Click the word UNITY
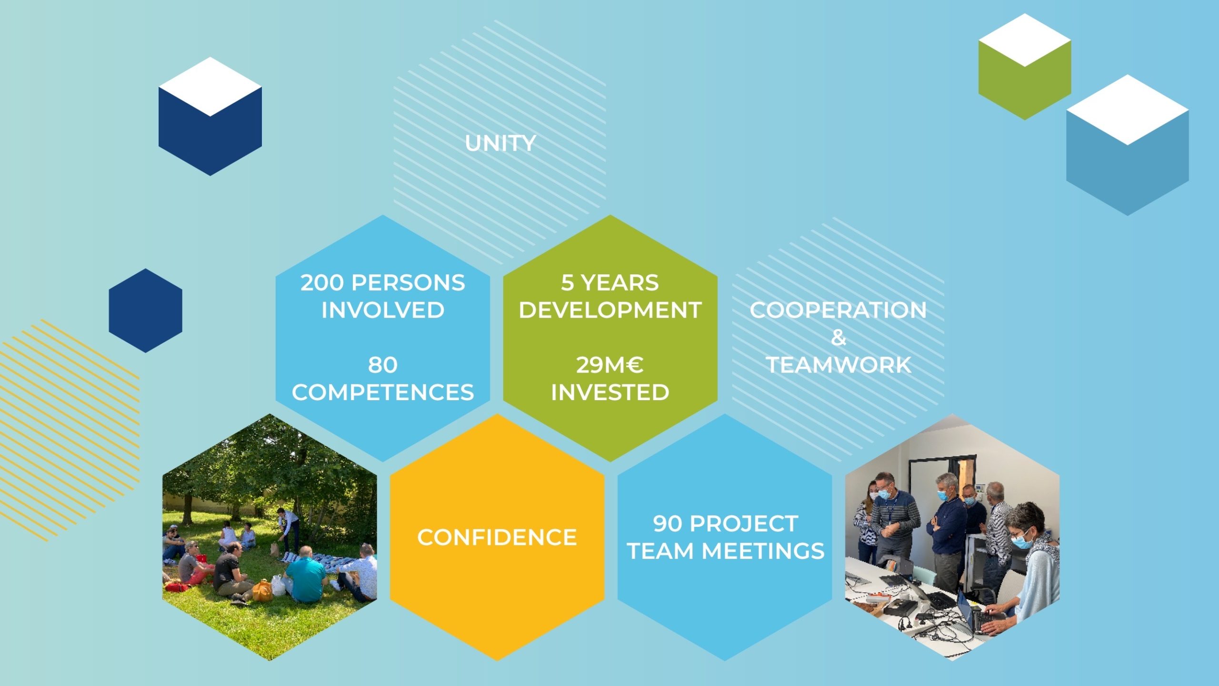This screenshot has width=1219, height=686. point(500,143)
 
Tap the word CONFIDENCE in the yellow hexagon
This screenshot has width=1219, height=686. point(497,537)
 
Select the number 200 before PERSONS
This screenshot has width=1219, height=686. point(322,282)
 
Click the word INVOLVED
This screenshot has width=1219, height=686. point(383,310)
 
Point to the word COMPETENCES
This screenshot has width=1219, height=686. point(383,393)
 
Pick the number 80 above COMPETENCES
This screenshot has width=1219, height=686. point(383,365)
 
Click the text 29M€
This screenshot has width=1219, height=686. point(610,365)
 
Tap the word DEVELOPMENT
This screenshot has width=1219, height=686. point(610,310)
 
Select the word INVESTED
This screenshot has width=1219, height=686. point(610,393)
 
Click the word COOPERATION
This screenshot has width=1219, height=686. point(838,310)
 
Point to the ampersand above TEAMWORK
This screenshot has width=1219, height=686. point(839,338)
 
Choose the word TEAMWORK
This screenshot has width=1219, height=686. point(839,365)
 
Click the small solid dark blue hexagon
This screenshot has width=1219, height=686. point(145,311)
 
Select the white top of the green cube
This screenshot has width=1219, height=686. point(1025,40)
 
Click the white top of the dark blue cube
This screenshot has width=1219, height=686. point(210,87)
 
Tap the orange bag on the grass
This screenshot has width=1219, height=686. point(262,591)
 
